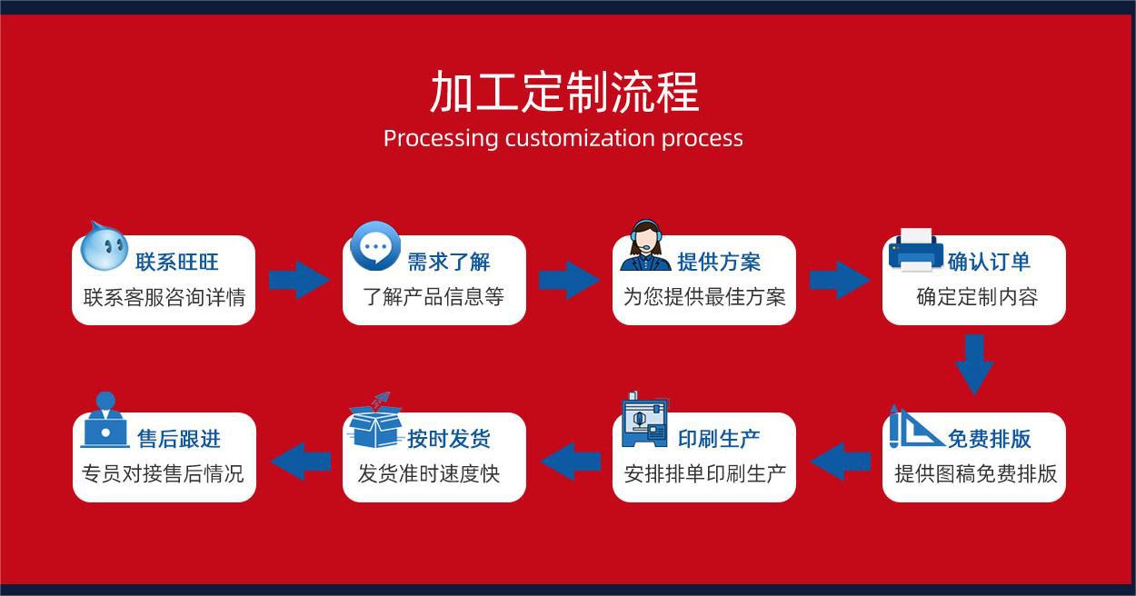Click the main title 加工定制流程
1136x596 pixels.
[x=564, y=92]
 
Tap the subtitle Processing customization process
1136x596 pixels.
[x=563, y=138]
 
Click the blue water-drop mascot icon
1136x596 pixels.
[x=104, y=246]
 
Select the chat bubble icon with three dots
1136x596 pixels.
[x=375, y=246]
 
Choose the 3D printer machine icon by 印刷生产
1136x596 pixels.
[x=645, y=420]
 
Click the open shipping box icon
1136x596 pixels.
[x=374, y=420]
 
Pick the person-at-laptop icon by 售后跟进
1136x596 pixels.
[x=105, y=420]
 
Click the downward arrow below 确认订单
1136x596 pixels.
[x=974, y=364]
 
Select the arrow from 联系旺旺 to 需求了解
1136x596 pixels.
[x=299, y=280]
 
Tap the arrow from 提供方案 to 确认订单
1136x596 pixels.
[x=840, y=280]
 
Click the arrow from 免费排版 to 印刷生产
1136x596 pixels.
[x=841, y=462]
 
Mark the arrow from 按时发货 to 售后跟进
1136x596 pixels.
[x=301, y=462]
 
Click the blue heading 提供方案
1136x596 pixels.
[x=719, y=262]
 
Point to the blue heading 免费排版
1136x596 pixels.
[x=990, y=439]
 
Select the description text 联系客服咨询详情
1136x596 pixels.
[x=164, y=297]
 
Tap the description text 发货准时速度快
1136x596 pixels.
[x=429, y=474]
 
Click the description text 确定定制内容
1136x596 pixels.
[x=977, y=297]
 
